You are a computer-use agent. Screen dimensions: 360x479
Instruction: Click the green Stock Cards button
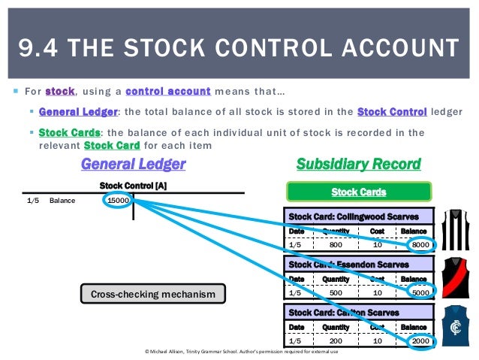coord(359,192)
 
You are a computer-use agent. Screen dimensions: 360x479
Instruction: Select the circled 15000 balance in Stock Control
coord(119,201)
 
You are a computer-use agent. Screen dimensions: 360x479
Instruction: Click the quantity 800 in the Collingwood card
coord(336,244)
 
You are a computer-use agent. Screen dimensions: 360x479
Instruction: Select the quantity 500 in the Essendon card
coord(336,292)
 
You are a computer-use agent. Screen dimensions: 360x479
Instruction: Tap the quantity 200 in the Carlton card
coord(336,340)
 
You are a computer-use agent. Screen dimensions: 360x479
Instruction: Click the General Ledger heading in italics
coord(133,163)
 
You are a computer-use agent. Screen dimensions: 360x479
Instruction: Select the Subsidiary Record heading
coord(358,163)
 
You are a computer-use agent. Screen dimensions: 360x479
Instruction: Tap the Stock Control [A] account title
coord(133,185)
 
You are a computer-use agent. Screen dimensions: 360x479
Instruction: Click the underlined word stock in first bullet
coord(60,92)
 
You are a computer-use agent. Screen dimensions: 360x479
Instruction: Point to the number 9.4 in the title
coord(38,49)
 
